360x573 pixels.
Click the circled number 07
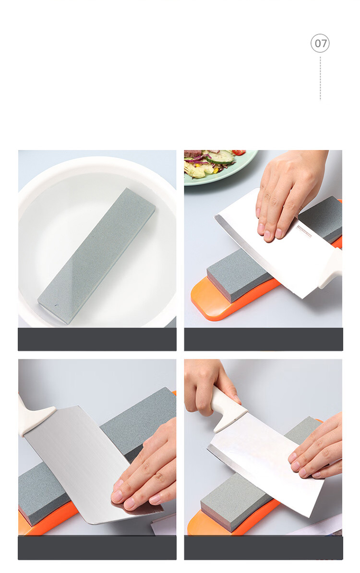(320, 43)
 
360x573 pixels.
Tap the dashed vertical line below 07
(320, 78)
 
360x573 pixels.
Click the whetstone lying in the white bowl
(96, 256)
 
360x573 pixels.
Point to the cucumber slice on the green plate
(220, 157)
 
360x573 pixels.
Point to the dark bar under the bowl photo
(97, 339)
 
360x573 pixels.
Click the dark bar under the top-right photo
(264, 339)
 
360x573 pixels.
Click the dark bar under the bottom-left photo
(97, 548)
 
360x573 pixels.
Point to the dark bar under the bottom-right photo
(264, 548)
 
